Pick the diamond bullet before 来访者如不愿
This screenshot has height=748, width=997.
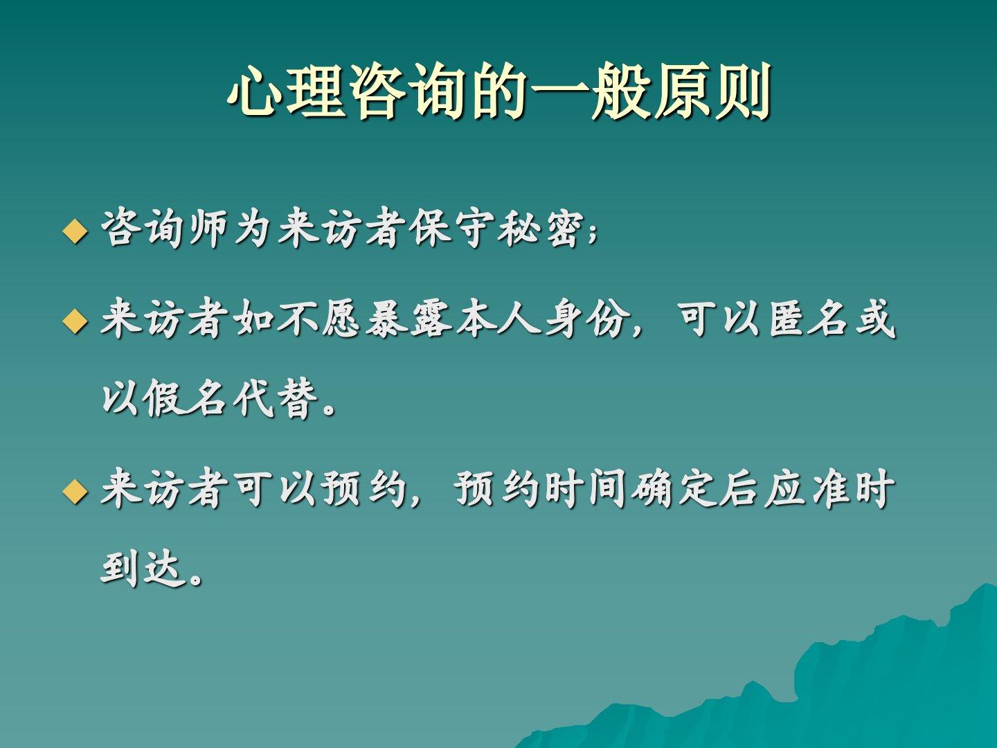[75, 321]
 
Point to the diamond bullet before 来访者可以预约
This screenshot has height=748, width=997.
[75, 492]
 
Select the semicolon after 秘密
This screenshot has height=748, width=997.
[592, 235]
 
